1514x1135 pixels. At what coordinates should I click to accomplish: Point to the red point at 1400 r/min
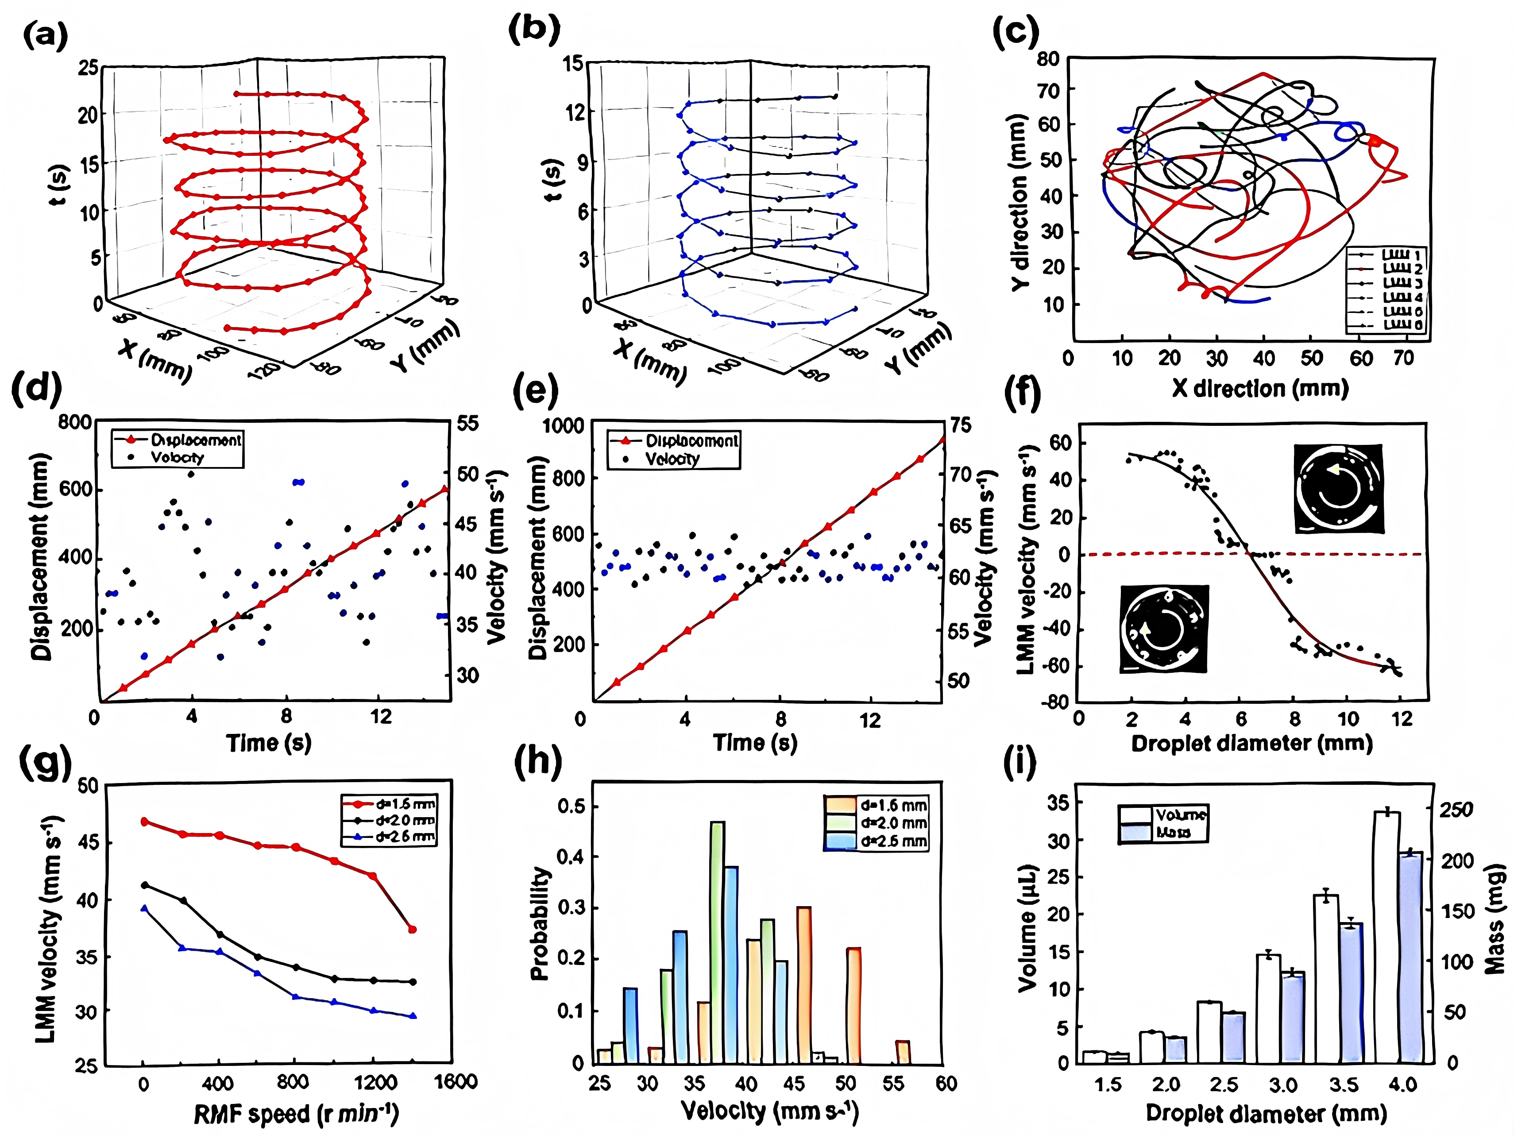(x=412, y=930)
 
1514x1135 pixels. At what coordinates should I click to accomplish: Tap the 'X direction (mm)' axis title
(x=1259, y=388)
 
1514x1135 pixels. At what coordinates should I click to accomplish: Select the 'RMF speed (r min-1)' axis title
(x=296, y=1115)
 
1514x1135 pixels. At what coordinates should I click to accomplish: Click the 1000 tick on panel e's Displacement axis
(x=563, y=426)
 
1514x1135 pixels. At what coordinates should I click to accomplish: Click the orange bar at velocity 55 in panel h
(x=903, y=1052)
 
